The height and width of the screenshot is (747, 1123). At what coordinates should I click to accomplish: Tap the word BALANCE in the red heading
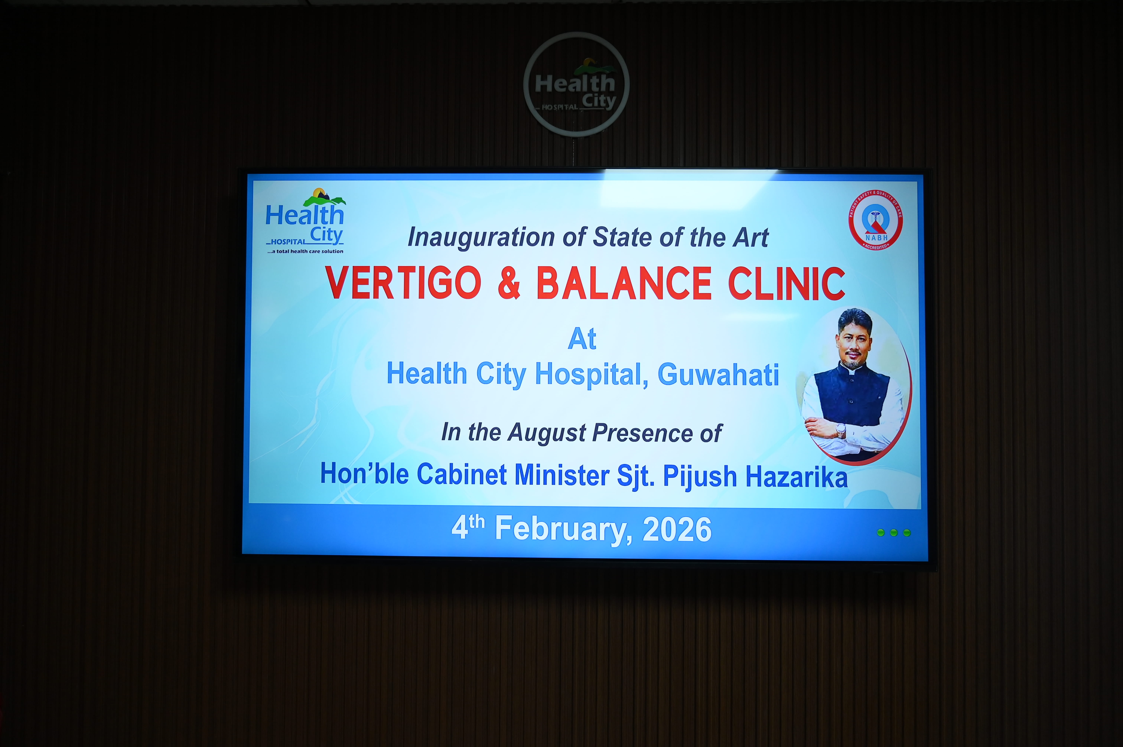coord(624,283)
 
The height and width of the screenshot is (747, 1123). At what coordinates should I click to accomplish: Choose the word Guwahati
coord(718,374)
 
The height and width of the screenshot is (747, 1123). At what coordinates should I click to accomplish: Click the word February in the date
coord(564,530)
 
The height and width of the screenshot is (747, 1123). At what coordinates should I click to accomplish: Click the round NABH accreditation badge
coord(875,220)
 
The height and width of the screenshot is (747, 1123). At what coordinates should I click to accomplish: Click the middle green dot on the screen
coord(893,533)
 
